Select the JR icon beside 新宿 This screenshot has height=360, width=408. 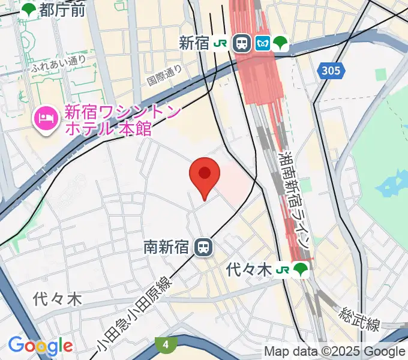(x=222, y=43)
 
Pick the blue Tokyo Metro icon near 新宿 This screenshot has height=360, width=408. (x=263, y=43)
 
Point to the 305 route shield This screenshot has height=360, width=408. (x=330, y=71)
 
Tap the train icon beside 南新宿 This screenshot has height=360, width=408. (x=204, y=247)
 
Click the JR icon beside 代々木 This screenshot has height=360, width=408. (x=281, y=271)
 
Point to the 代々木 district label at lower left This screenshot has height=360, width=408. (x=57, y=298)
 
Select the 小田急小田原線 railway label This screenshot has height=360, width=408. (x=133, y=314)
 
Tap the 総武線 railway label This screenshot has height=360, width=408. (x=359, y=319)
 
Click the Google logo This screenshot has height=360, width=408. (x=41, y=346)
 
